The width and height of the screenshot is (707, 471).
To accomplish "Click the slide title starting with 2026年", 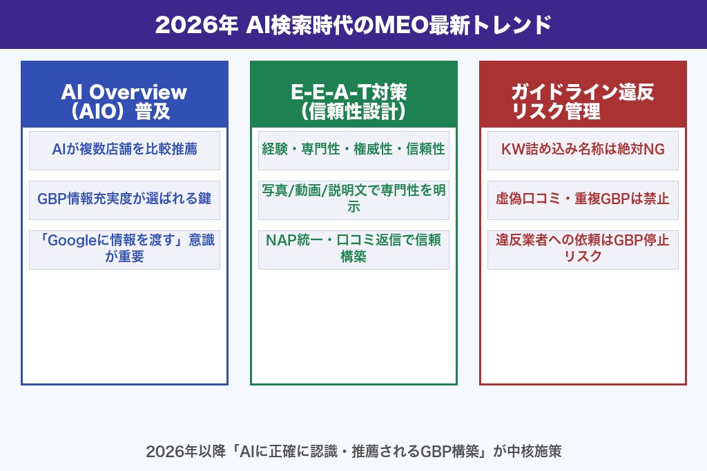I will (x=353, y=25).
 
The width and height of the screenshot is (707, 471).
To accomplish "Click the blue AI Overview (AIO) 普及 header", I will (x=124, y=101).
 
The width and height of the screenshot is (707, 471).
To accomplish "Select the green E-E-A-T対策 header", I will (x=353, y=101).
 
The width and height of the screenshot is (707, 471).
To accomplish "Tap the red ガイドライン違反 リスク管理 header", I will (x=582, y=101).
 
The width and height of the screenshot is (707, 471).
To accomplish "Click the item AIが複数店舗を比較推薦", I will (x=124, y=149).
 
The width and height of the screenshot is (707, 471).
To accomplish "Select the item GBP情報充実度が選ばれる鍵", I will (x=124, y=199).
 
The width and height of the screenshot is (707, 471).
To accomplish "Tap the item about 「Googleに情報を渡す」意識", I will (x=124, y=249).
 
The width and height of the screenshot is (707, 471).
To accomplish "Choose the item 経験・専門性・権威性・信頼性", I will (x=353, y=149).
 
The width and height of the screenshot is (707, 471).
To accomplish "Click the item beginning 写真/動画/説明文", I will (x=353, y=199).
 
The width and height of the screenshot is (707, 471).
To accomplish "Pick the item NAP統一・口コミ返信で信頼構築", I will (x=353, y=249).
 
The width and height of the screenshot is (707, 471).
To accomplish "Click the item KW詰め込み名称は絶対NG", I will (x=582, y=149).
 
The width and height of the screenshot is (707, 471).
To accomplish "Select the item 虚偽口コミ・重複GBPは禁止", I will (x=582, y=199).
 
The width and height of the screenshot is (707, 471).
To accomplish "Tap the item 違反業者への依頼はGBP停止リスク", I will (x=582, y=249).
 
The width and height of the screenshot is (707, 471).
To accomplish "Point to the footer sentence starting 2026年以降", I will (x=353, y=452).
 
